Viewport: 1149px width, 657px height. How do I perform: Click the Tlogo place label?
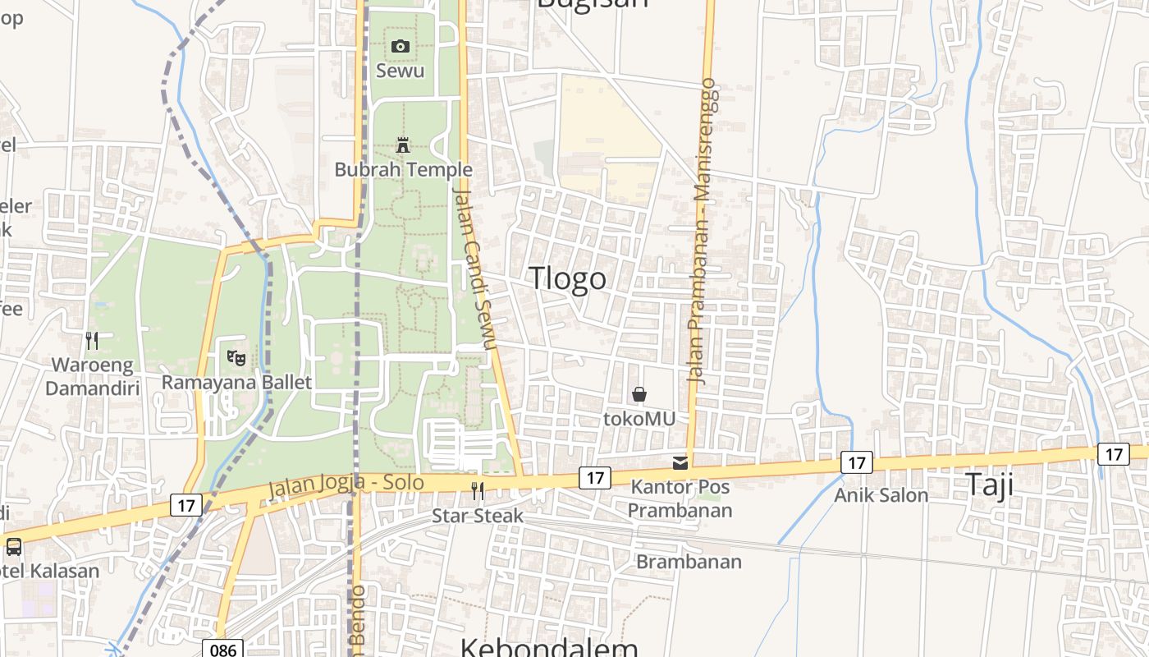click(x=568, y=278)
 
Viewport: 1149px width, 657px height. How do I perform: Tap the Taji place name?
click(x=989, y=484)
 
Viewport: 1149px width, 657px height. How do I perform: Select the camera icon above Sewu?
click(x=401, y=46)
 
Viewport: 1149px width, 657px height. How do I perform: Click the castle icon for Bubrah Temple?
click(x=403, y=145)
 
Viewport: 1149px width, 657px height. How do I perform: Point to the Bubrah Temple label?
click(x=403, y=170)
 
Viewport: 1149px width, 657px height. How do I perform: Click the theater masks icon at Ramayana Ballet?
click(x=236, y=357)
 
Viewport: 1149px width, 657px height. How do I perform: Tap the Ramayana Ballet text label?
click(x=236, y=382)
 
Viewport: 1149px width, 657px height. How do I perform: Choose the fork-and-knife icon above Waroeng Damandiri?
click(x=92, y=340)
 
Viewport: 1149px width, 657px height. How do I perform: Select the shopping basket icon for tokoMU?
click(x=639, y=395)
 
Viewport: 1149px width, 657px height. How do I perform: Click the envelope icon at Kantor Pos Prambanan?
click(x=680, y=463)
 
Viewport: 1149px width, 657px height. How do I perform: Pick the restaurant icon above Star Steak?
click(x=478, y=491)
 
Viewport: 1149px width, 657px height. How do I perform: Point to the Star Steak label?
click(x=478, y=516)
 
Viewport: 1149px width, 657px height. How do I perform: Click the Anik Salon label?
click(x=881, y=495)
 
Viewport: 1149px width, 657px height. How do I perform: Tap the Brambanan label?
click(x=689, y=562)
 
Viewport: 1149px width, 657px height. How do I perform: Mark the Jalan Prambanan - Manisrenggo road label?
click(x=703, y=232)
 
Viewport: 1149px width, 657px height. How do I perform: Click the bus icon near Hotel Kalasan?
click(x=14, y=547)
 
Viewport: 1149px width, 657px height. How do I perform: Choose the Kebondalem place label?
click(x=548, y=647)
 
